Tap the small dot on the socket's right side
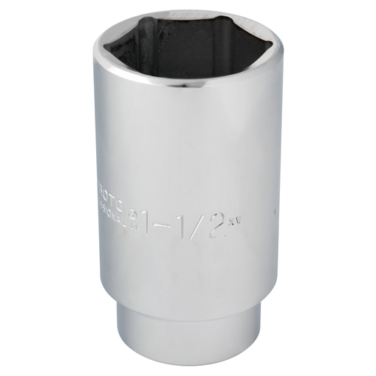tap(274, 214)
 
